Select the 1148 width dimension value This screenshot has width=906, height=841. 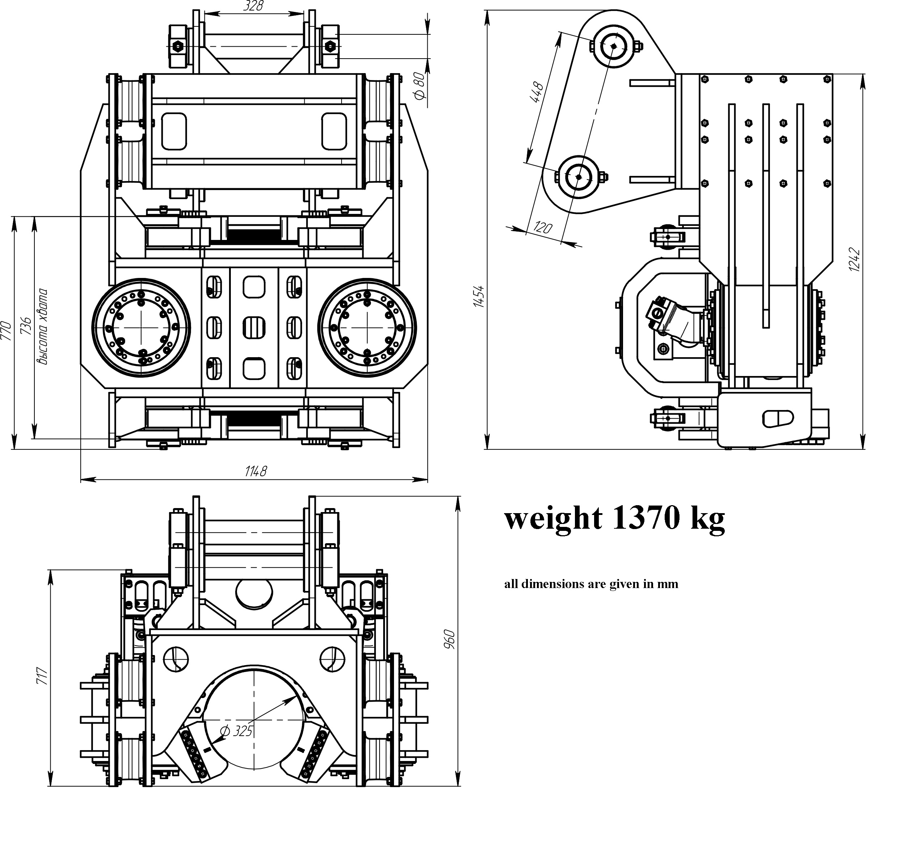click(255, 471)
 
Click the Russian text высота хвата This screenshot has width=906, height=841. click(43, 326)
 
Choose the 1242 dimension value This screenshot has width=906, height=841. click(854, 260)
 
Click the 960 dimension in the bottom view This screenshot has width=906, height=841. click(449, 639)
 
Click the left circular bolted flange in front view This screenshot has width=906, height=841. click(141, 327)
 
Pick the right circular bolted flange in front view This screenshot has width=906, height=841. click(367, 327)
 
